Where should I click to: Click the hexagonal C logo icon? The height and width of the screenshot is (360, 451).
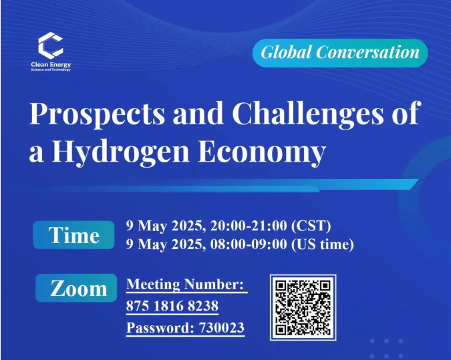(x=51, y=45)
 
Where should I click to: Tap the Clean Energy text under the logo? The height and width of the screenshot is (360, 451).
(x=51, y=64)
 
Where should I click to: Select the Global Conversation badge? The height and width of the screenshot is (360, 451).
(x=340, y=53)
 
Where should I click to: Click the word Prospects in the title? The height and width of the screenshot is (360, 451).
(x=98, y=114)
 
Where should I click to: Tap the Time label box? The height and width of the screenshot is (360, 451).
(x=73, y=235)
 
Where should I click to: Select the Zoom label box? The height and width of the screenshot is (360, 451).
(x=76, y=288)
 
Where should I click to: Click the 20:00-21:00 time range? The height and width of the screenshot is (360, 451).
(x=249, y=226)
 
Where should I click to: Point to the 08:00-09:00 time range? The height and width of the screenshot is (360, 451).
(x=249, y=244)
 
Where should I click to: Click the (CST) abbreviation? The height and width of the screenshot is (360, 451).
(x=311, y=226)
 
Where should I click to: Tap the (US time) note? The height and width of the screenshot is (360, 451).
(x=323, y=244)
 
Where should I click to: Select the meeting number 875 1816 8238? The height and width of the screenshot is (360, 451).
(x=172, y=306)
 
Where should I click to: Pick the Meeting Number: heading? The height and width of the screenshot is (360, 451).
(x=184, y=284)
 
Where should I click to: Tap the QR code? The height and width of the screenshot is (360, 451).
(x=303, y=307)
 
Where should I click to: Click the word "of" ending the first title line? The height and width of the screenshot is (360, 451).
(x=406, y=113)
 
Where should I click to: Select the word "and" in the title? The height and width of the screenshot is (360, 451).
(x=198, y=114)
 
